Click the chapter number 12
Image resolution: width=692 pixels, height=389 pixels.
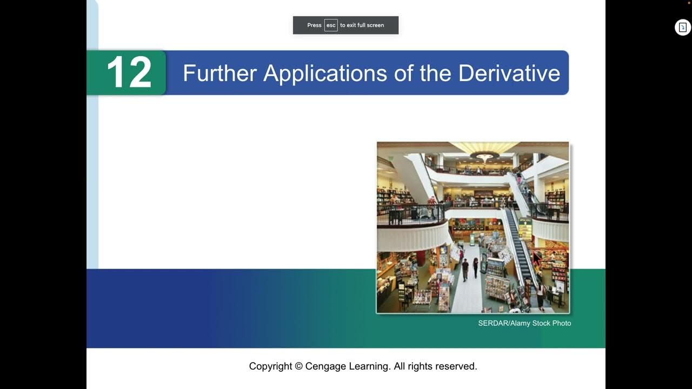click(x=129, y=73)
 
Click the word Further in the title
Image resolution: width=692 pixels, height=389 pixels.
click(x=219, y=73)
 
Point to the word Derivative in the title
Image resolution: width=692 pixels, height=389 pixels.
click(x=509, y=73)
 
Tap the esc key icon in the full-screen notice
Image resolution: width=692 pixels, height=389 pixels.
click(x=331, y=25)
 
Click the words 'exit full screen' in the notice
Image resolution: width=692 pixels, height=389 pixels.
click(x=366, y=25)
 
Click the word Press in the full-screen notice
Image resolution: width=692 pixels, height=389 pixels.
click(x=314, y=25)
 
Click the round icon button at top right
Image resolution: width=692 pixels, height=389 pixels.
click(x=683, y=28)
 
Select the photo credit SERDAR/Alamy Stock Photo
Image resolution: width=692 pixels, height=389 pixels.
click(x=524, y=323)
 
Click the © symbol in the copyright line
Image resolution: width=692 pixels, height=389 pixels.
click(x=298, y=366)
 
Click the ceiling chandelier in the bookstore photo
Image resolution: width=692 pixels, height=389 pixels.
click(x=484, y=156)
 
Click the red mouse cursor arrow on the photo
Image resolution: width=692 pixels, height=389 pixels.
click(x=536, y=258)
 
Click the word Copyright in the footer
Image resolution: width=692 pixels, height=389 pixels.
click(x=270, y=366)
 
